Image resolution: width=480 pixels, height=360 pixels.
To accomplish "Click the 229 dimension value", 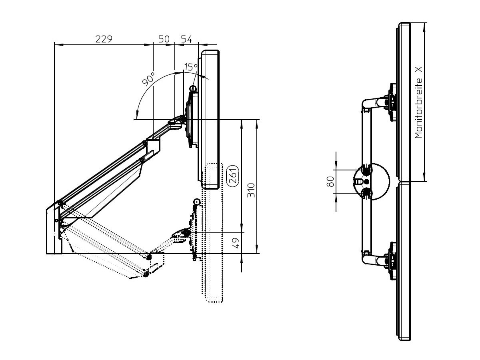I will tap(104, 39).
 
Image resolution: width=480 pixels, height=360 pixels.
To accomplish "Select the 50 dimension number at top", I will tap(164, 39).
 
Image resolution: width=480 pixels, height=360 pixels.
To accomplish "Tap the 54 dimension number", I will tap(186, 39).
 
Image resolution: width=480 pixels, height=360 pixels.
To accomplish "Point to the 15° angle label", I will tap(191, 67).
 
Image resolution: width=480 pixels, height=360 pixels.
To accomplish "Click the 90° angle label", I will tap(148, 80).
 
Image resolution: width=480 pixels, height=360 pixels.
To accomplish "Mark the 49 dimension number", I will tap(236, 243).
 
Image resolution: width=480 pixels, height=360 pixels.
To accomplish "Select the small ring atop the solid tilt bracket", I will tap(193, 88).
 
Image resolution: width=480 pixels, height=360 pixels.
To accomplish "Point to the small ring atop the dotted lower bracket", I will tap(196, 201).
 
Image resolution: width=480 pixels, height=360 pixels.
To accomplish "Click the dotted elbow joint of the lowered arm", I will tap(149, 256).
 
